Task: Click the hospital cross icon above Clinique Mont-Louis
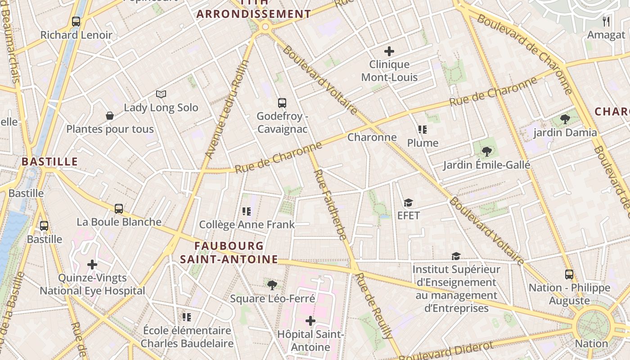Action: tap(389, 51)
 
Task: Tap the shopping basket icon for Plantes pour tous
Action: tap(109, 116)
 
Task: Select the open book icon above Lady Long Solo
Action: tap(161, 94)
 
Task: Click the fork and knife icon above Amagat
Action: tap(606, 21)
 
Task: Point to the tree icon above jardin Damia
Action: tap(565, 119)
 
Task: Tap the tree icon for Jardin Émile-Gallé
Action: tap(486, 152)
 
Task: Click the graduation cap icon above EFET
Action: tap(408, 203)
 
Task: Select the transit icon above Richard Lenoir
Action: tap(76, 21)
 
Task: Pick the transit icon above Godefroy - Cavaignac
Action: tap(282, 103)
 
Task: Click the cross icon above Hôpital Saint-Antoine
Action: tap(310, 321)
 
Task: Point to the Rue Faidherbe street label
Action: tap(330, 204)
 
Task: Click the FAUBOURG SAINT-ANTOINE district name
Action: tap(229, 252)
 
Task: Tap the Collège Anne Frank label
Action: tap(247, 225)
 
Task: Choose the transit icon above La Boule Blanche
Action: tap(119, 209)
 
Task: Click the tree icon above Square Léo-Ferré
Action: tap(272, 285)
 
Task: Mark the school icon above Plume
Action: tap(422, 130)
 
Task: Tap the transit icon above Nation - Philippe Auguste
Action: tap(569, 274)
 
